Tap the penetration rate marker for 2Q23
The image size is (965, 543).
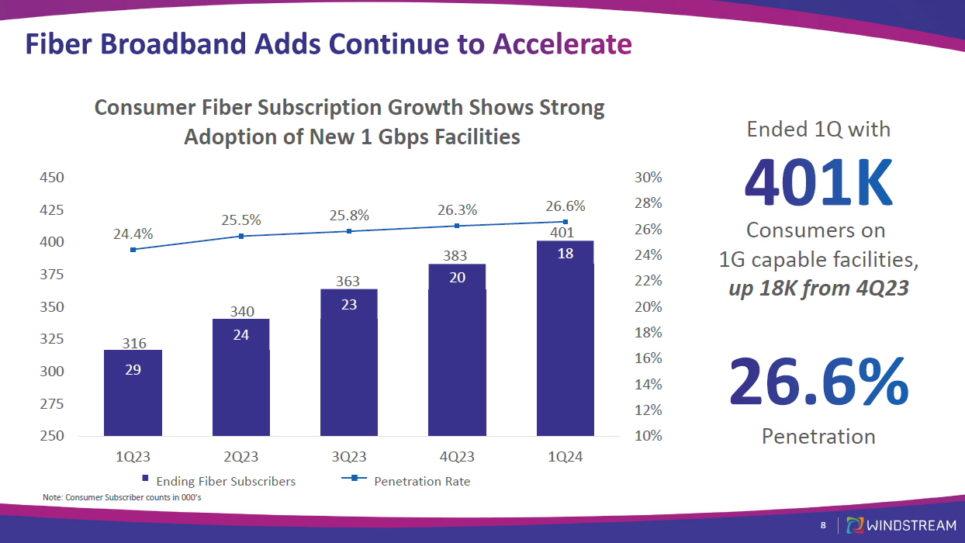click(241, 236)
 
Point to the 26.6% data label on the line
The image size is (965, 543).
click(566, 206)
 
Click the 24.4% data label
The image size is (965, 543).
click(133, 233)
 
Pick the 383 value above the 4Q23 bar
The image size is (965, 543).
click(457, 255)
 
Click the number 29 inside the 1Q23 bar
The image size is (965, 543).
click(133, 370)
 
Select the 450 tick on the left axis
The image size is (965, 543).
click(52, 178)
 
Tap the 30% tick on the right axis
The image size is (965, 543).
click(648, 178)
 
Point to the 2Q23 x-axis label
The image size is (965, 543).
click(240, 458)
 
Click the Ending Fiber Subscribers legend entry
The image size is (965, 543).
click(218, 481)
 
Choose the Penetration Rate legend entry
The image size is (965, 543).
click(421, 481)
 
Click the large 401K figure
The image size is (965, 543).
click(818, 183)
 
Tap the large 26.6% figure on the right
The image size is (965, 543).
click(818, 382)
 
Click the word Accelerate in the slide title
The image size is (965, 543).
click(562, 44)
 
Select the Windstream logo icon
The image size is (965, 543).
click(856, 525)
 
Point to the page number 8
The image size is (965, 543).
click(823, 526)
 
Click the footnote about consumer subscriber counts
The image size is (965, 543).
click(122, 497)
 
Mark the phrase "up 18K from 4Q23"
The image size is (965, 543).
click(818, 289)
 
